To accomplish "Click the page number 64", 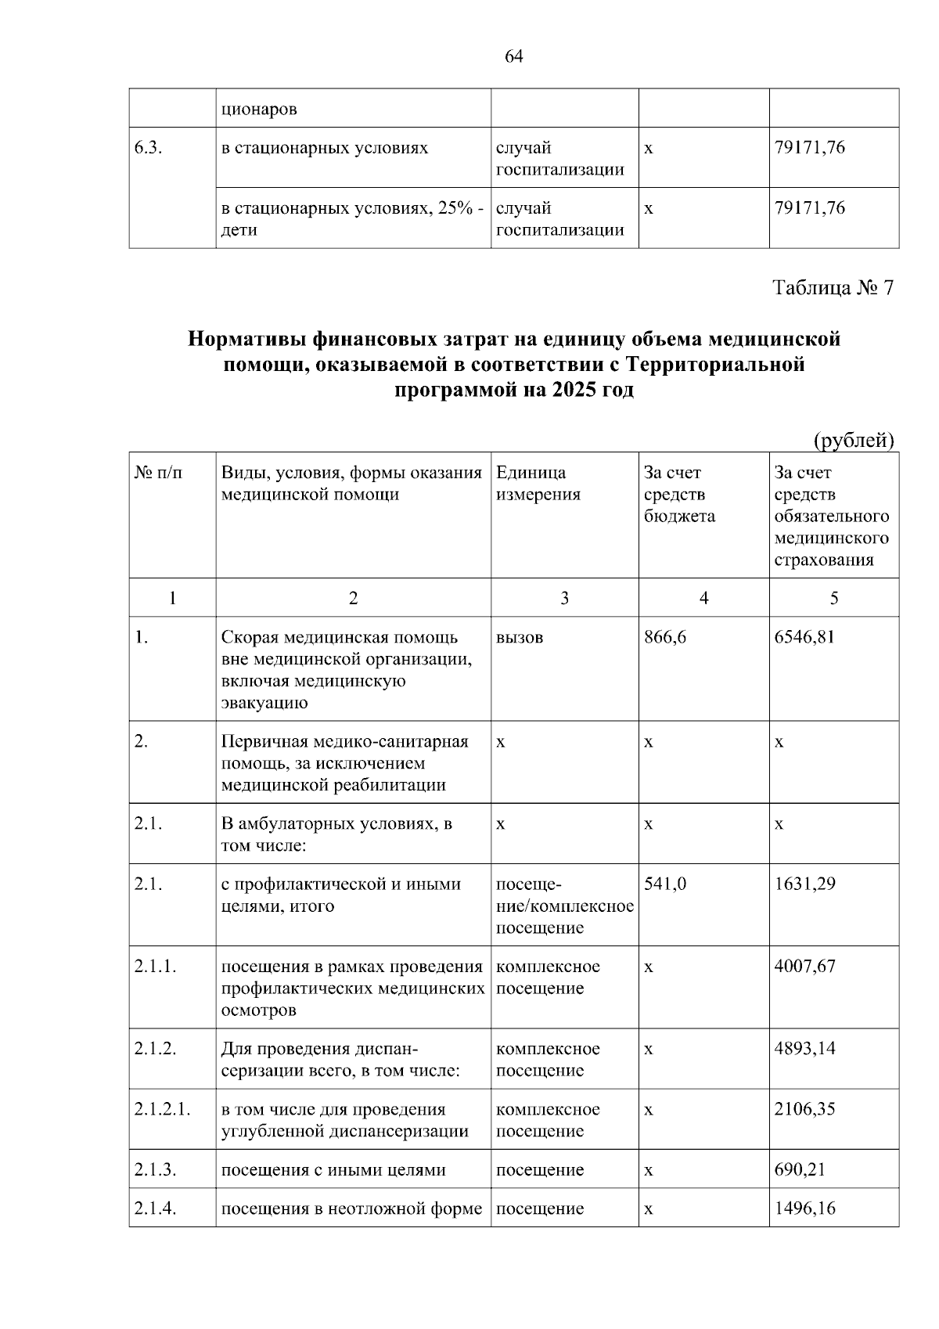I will click(x=514, y=56).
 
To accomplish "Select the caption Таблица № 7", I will click(x=833, y=288).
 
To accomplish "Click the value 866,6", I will click(x=665, y=637).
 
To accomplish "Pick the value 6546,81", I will click(x=804, y=637).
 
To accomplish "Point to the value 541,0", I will click(x=665, y=884).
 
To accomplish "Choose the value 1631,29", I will click(x=804, y=884).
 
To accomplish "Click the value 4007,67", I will click(x=804, y=967).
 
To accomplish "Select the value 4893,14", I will click(x=804, y=1049).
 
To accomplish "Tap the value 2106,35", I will click(x=804, y=1110).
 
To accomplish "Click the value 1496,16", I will click(x=804, y=1208).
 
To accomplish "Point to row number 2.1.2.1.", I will click(x=162, y=1110).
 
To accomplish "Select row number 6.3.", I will click(x=148, y=148).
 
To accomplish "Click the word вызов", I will click(x=519, y=637).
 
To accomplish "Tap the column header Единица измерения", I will click(x=538, y=484).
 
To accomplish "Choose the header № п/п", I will click(x=159, y=473).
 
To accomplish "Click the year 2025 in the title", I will click(x=574, y=390).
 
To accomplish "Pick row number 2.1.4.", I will click(x=155, y=1208).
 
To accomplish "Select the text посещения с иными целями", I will click(x=333, y=1170).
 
